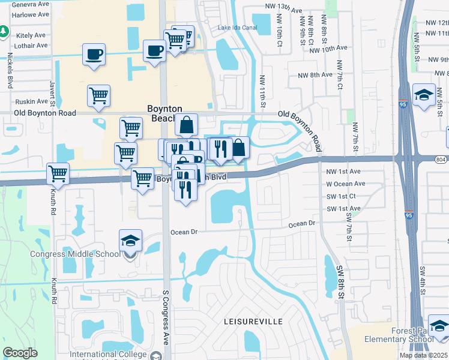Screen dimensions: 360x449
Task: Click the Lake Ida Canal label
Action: click(x=238, y=28)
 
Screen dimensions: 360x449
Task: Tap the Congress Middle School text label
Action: click(x=76, y=254)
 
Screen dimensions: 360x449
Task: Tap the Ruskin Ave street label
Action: click(x=31, y=101)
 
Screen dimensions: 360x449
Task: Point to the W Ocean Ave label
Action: click(x=345, y=184)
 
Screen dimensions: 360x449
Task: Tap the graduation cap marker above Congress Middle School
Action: click(x=130, y=241)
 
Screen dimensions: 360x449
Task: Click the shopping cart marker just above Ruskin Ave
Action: click(x=98, y=95)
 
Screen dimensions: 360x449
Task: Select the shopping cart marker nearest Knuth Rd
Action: click(x=58, y=173)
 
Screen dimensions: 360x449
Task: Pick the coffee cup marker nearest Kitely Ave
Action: click(x=94, y=55)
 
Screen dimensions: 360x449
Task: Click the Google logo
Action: click(x=20, y=353)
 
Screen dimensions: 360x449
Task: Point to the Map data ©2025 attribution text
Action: click(x=423, y=355)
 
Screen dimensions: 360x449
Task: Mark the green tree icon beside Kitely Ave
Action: click(x=4, y=31)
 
